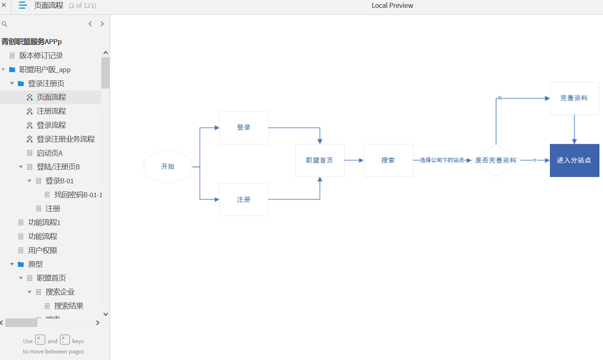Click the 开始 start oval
coord(168,166)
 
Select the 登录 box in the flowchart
coord(244,128)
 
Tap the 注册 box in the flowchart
coord(244,199)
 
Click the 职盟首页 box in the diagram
coord(320,160)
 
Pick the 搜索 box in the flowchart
coord(388,160)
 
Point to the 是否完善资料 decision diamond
coord(496,160)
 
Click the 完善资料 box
coord(574,98)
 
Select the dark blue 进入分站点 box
coord(574,160)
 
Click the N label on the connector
coord(500,98)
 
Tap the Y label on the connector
coord(535,160)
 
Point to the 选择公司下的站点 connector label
coord(442,160)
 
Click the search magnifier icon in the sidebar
coord(4,24)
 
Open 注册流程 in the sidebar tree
coord(51,111)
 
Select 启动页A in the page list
coord(49,153)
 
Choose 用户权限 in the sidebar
coord(42,250)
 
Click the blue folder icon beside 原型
coord(21,264)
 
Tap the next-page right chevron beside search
coord(102,24)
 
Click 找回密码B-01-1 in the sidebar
coord(78,195)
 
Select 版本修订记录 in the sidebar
coord(41,56)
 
